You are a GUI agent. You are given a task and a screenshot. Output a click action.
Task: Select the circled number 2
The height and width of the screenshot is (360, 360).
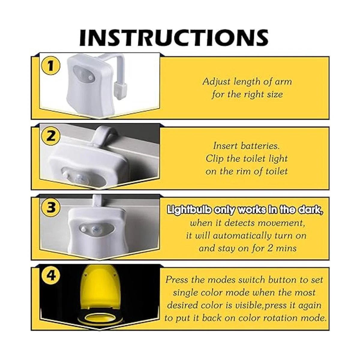click(x=51, y=136)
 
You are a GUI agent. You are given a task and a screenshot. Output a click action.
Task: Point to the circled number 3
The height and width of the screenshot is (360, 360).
click(x=51, y=207)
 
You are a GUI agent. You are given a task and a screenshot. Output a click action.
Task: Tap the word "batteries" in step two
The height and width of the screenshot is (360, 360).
click(x=260, y=146)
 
